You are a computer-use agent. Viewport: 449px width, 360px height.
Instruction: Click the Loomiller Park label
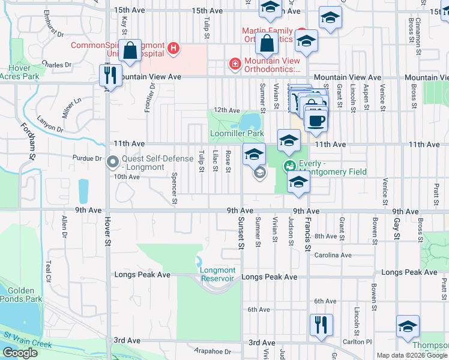[x=237, y=133]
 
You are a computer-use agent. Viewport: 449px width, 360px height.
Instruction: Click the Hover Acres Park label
[x=19, y=72]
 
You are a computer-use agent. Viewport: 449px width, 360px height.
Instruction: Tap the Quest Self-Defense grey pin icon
[x=112, y=162]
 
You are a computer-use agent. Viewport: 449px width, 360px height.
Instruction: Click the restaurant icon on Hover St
[x=109, y=76]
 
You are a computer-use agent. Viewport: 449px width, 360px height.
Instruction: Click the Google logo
[x=20, y=353]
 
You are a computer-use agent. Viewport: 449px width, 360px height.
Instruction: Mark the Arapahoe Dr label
[x=212, y=351]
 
